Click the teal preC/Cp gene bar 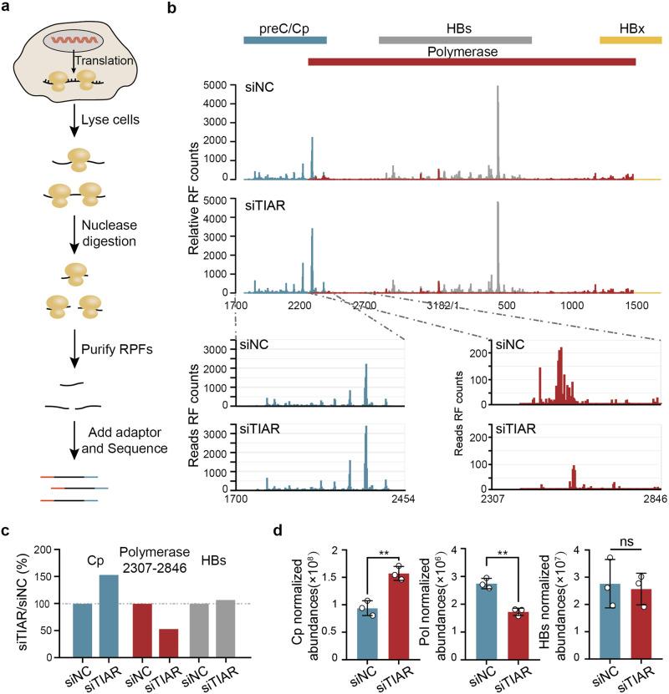pyautogui.click(x=284, y=39)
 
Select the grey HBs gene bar pyautogui.click(x=455, y=39)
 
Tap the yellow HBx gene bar pyautogui.click(x=631, y=39)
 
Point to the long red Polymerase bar pyautogui.click(x=472, y=61)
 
